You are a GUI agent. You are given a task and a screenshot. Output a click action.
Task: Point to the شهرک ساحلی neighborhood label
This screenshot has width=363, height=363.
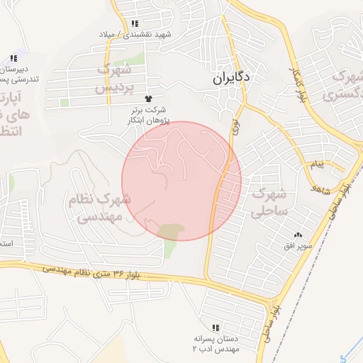(x=269, y=201)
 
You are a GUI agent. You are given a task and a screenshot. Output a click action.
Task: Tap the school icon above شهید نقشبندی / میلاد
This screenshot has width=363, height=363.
(x=134, y=23)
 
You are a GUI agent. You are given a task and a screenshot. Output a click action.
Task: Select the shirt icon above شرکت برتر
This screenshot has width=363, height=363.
(x=148, y=99)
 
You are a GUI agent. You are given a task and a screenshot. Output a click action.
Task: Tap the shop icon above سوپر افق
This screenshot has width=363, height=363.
(x=298, y=235)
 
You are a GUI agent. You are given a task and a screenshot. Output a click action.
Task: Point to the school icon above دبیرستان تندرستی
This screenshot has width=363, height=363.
(x=13, y=59)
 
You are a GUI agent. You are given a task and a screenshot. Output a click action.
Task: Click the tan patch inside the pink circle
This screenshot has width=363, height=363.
(x=171, y=230)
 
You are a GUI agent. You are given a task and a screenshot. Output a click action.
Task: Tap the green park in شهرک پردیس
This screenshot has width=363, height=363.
(x=138, y=58)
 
